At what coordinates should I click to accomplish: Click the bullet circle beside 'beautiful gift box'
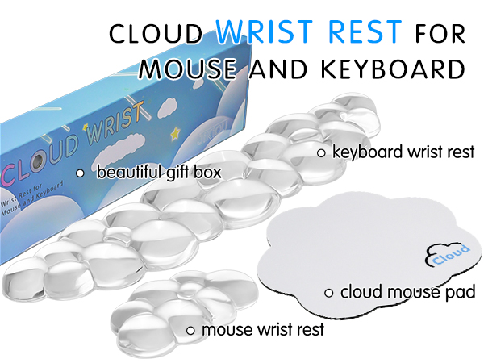point(80,173)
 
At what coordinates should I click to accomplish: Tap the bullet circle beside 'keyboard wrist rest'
point(320,152)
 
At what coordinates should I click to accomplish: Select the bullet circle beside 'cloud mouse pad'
point(329,292)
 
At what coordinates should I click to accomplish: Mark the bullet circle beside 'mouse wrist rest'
point(190,329)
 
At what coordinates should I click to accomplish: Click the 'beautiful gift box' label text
point(159,173)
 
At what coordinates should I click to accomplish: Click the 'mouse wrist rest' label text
point(262,329)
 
